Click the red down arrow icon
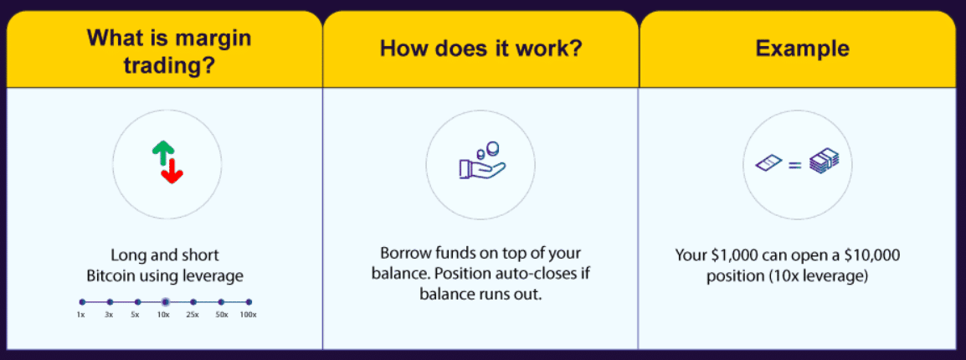pos(172,171)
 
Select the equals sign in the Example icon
pos(795,164)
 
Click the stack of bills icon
pos(824,162)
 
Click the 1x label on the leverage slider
pos(80,315)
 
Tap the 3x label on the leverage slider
pos(109,315)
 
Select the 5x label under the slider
pos(136,315)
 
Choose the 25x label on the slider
pos(193,315)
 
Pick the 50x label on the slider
pos(221,315)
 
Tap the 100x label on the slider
pos(249,315)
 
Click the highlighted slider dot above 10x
pos(165,302)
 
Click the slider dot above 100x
pos(249,302)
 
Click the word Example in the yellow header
pos(802,49)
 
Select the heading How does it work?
pos(481,48)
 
